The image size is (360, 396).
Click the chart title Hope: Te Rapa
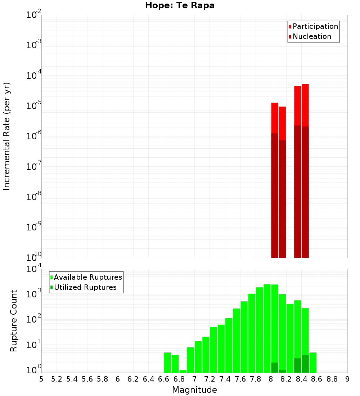tap(180, 6)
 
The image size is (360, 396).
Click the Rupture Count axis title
tap(14, 321)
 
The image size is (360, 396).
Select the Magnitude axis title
tap(194, 390)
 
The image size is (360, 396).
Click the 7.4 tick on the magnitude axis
tap(225, 379)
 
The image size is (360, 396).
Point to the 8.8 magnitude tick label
tap(332, 379)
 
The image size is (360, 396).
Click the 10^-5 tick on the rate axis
tap(34, 106)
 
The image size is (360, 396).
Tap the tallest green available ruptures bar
tap(267, 328)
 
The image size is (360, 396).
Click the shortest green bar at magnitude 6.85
tap(183, 371)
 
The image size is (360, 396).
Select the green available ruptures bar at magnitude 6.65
tap(167, 363)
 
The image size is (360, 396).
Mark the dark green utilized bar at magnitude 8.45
tap(305, 364)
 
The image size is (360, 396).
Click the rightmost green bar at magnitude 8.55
tap(313, 363)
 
